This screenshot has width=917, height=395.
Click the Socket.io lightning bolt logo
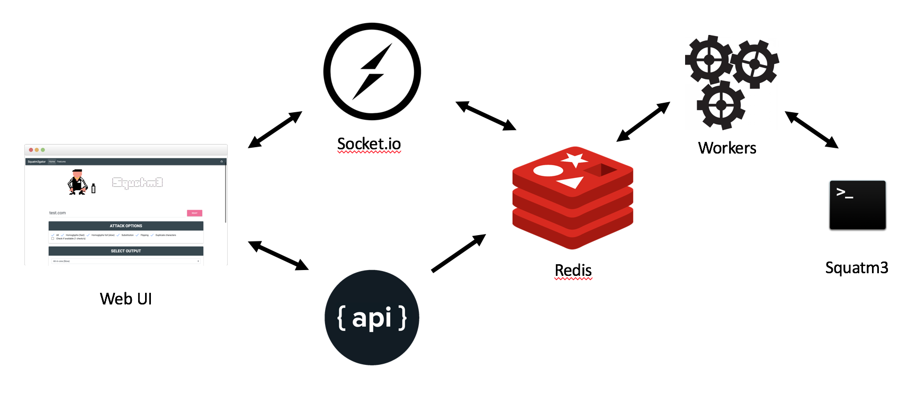pyautogui.click(x=372, y=71)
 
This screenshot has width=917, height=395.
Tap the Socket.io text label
pyautogui.click(x=369, y=144)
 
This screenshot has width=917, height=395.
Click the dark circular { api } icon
pyautogui.click(x=372, y=318)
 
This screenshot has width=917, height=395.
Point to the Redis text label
pyautogui.click(x=573, y=270)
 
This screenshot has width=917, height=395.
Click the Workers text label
pyautogui.click(x=727, y=148)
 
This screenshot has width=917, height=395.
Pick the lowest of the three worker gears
pyautogui.click(x=721, y=105)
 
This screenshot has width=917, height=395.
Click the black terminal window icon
pyautogui.click(x=857, y=205)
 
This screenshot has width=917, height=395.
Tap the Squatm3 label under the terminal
pyautogui.click(x=857, y=268)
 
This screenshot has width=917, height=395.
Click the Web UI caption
pyautogui.click(x=126, y=299)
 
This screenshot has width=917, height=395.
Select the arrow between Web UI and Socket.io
pyautogui.click(x=275, y=129)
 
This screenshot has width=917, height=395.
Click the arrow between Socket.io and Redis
pyautogui.click(x=486, y=115)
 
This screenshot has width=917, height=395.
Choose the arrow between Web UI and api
pyautogui.click(x=278, y=255)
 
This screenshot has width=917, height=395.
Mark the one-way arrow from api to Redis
pyautogui.click(x=458, y=253)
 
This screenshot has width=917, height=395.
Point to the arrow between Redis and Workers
pyautogui.click(x=643, y=122)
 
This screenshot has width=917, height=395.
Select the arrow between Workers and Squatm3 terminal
pyautogui.click(x=811, y=130)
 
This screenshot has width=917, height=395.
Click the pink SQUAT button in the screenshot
pyautogui.click(x=194, y=213)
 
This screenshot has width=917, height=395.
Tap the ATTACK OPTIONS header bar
pyautogui.click(x=126, y=226)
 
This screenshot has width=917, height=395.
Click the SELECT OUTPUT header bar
pyautogui.click(x=126, y=251)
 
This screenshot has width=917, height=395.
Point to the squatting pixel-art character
pyautogui.click(x=78, y=182)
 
